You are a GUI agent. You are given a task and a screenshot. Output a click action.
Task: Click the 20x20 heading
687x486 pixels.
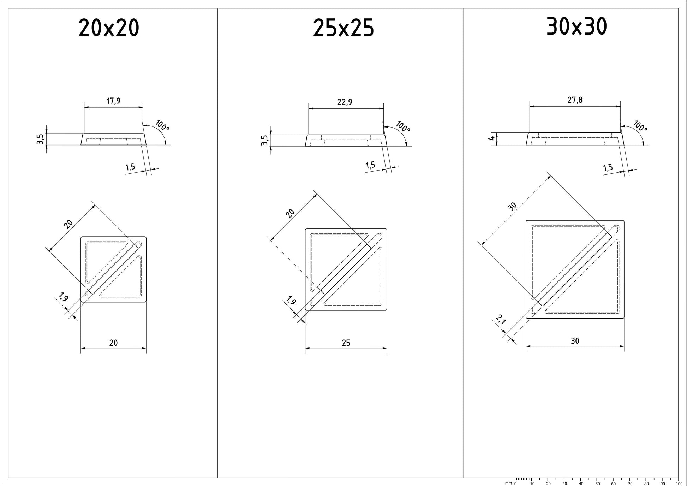pyautogui.click(x=109, y=28)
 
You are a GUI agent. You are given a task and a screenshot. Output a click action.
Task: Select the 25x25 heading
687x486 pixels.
pyautogui.click(x=343, y=28)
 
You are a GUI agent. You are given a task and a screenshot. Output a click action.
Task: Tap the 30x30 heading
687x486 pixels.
pyautogui.click(x=577, y=26)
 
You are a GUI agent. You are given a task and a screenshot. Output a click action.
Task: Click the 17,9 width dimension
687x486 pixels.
pyautogui.click(x=114, y=101)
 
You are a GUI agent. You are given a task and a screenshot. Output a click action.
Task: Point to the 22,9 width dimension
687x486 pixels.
pyautogui.click(x=345, y=102)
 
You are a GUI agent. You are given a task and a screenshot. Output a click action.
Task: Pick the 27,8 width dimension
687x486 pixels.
pyautogui.click(x=575, y=100)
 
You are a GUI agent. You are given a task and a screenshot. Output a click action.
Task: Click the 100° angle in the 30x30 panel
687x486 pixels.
pyautogui.click(x=640, y=126)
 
